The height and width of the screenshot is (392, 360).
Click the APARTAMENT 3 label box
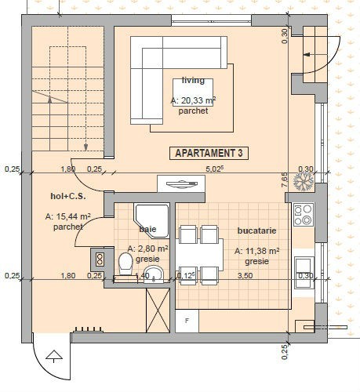pos(209,153)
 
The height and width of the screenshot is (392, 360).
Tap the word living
pos(193,80)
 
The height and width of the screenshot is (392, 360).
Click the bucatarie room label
pos(256,230)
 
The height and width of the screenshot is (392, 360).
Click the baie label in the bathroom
pos(147,229)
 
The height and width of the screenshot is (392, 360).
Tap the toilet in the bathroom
pos(125,263)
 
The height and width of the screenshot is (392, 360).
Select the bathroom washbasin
pos(154,274)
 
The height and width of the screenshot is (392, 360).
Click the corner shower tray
pos(151,221)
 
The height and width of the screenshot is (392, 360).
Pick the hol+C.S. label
pos(68,196)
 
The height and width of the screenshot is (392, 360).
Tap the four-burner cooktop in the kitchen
pos(304,215)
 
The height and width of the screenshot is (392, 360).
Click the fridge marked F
pos(187,321)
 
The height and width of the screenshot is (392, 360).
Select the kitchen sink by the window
pos(304,273)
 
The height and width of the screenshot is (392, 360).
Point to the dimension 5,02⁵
pos(215,169)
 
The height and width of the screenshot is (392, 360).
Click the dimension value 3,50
pos(245,275)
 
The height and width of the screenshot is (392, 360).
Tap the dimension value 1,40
pos(143,275)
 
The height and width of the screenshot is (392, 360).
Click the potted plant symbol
pos(304,182)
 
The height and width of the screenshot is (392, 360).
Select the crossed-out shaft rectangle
pos(158,310)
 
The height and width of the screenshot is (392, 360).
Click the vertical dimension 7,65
pos(285,180)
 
